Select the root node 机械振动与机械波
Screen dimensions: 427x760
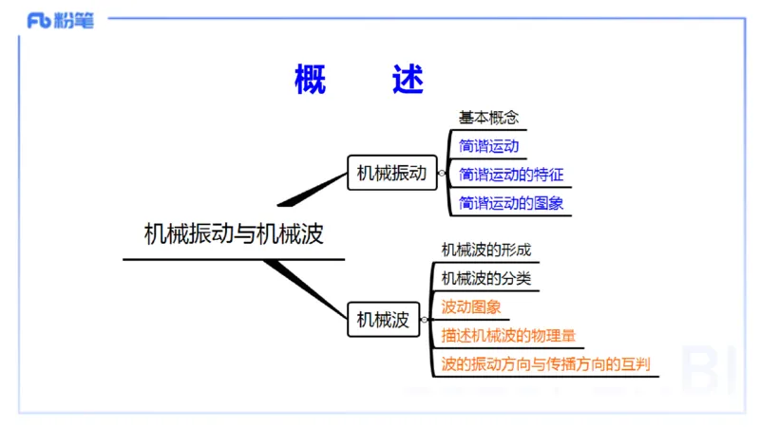234,233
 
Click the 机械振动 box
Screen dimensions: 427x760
389,173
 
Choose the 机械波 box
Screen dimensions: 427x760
383,320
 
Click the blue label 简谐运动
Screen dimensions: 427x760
488,147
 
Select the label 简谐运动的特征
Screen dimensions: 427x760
511,175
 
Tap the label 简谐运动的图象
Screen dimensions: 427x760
511,203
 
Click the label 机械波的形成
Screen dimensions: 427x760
485,250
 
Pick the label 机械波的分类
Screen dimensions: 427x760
485,278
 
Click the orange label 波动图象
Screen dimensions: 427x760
471,307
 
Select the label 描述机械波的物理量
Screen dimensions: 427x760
507,336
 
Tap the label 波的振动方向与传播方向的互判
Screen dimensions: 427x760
545,364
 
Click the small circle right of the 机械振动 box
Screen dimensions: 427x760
442,174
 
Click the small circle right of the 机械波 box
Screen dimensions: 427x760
425,320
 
